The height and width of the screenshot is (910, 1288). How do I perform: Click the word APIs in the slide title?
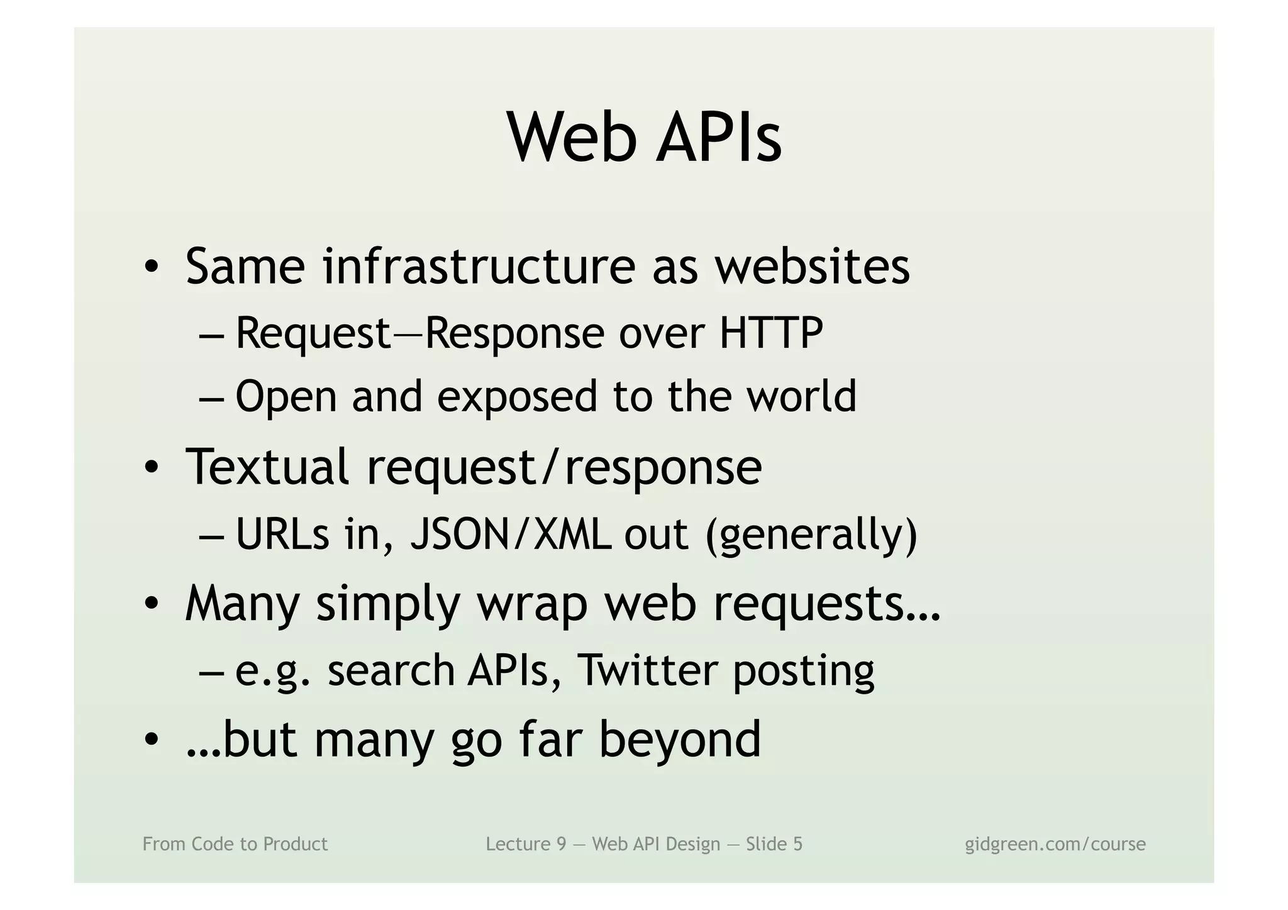719,138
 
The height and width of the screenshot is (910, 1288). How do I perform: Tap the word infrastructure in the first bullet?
479,267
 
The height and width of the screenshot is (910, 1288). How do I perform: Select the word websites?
812,267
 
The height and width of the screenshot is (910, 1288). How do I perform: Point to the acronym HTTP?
771,333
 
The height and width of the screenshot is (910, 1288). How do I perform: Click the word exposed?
517,397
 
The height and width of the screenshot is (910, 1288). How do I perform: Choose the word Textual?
267,467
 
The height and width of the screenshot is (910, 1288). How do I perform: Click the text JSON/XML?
510,535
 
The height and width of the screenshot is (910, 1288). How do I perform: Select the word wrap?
532,604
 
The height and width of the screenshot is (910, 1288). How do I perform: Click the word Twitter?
647,670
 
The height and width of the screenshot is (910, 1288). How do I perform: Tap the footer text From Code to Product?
235,844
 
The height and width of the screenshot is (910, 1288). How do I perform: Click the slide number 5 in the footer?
797,844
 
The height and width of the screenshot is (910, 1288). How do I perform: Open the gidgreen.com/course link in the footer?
1055,844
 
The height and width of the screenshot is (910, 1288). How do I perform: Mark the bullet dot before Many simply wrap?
151,604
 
